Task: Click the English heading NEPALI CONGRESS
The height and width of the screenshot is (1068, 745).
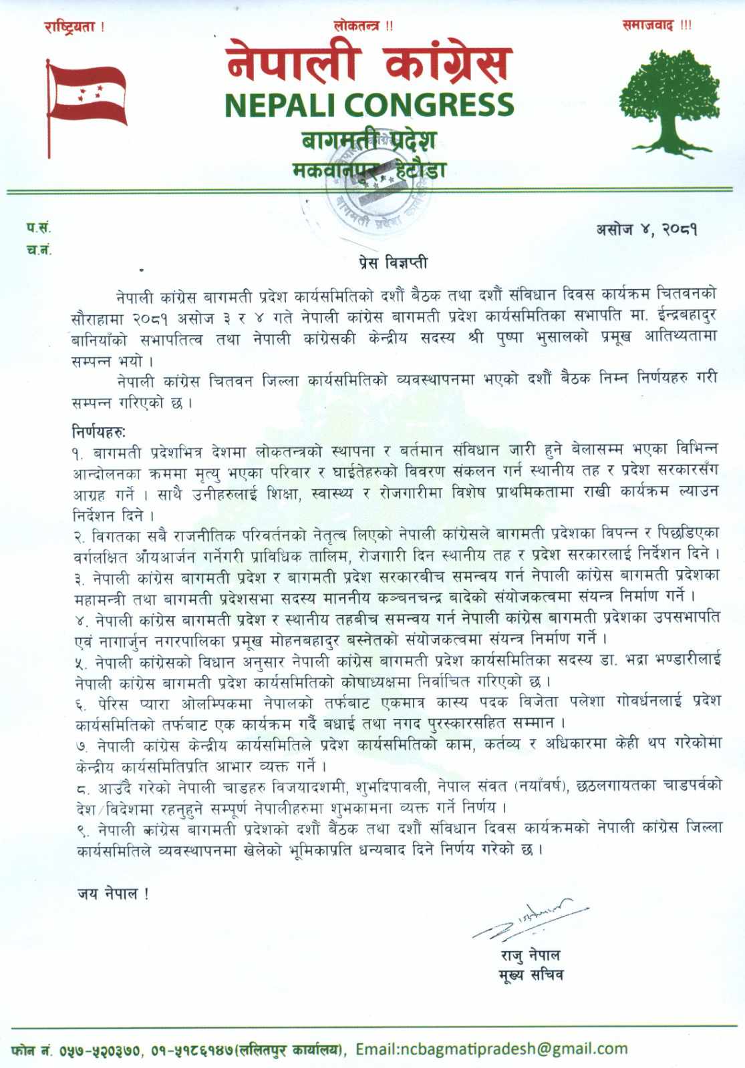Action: pyautogui.click(x=369, y=105)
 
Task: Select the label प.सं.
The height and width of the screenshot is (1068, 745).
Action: pyautogui.click(x=39, y=228)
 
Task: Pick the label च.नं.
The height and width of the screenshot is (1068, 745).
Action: pyautogui.click(x=39, y=250)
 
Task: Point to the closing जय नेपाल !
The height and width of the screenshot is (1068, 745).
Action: pyautogui.click(x=112, y=894)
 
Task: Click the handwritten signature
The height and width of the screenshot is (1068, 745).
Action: pyautogui.click(x=528, y=920)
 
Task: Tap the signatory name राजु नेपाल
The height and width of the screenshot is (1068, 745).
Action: pyautogui.click(x=531, y=955)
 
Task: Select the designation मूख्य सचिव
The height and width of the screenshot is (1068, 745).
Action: pyautogui.click(x=531, y=975)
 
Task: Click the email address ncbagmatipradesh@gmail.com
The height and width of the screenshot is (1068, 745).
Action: pyautogui.click(x=492, y=1049)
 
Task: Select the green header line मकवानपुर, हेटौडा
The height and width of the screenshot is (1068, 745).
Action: pyautogui.click(x=369, y=170)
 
